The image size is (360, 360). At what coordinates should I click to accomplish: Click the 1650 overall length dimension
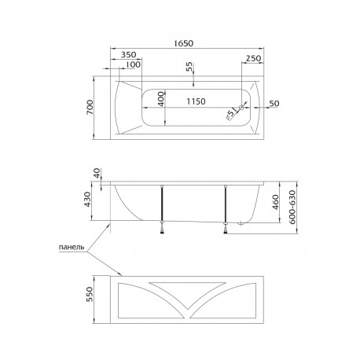coord(184,43)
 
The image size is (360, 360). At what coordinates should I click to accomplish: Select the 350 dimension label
coord(128,55)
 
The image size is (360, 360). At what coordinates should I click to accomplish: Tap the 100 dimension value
coord(134,64)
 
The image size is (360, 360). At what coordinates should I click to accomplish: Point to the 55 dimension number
coord(189,67)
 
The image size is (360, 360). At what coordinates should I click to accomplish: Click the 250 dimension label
coord(253,58)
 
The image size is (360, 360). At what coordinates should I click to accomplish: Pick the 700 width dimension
coord(90,107)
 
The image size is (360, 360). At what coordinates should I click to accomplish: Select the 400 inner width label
coord(161,99)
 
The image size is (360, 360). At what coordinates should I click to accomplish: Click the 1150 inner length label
coord(196,101)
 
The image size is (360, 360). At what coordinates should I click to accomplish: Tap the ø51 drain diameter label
coord(231,114)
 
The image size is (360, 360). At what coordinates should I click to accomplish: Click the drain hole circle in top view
coord(241,108)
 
